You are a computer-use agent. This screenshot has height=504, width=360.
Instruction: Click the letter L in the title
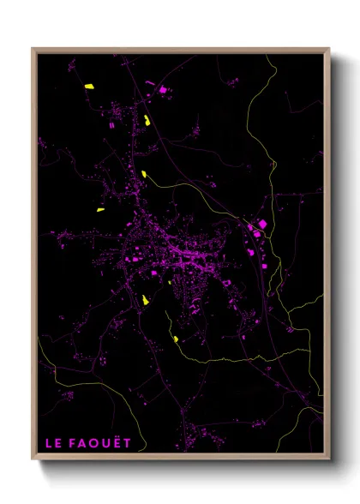tap(49, 443)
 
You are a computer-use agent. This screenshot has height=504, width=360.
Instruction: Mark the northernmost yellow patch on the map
tap(87, 87)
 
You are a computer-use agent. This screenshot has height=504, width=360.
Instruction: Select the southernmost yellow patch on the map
tap(176, 339)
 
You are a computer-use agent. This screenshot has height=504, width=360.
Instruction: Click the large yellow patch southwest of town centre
tap(145, 300)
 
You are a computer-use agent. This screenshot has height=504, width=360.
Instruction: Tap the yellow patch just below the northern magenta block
tap(147, 121)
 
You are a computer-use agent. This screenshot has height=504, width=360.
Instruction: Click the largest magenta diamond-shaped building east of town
tap(262, 225)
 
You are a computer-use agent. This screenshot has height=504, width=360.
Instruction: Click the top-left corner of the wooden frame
tap(33, 49)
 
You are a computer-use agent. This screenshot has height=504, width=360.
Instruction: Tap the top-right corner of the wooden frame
tap(329, 49)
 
